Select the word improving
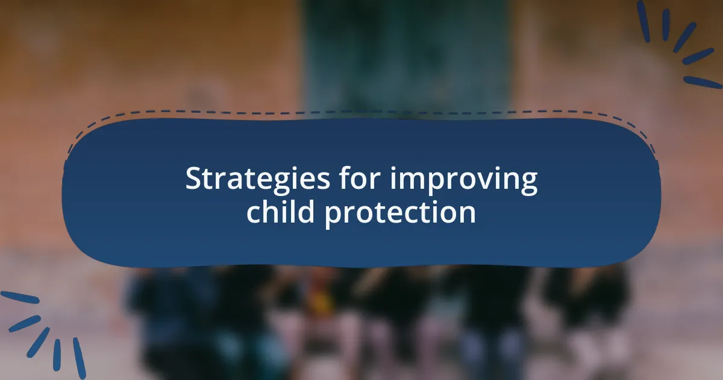[x=463, y=181]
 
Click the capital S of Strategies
[x=193, y=179]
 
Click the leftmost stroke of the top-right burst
[x=643, y=21]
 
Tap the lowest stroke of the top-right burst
[x=703, y=82]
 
